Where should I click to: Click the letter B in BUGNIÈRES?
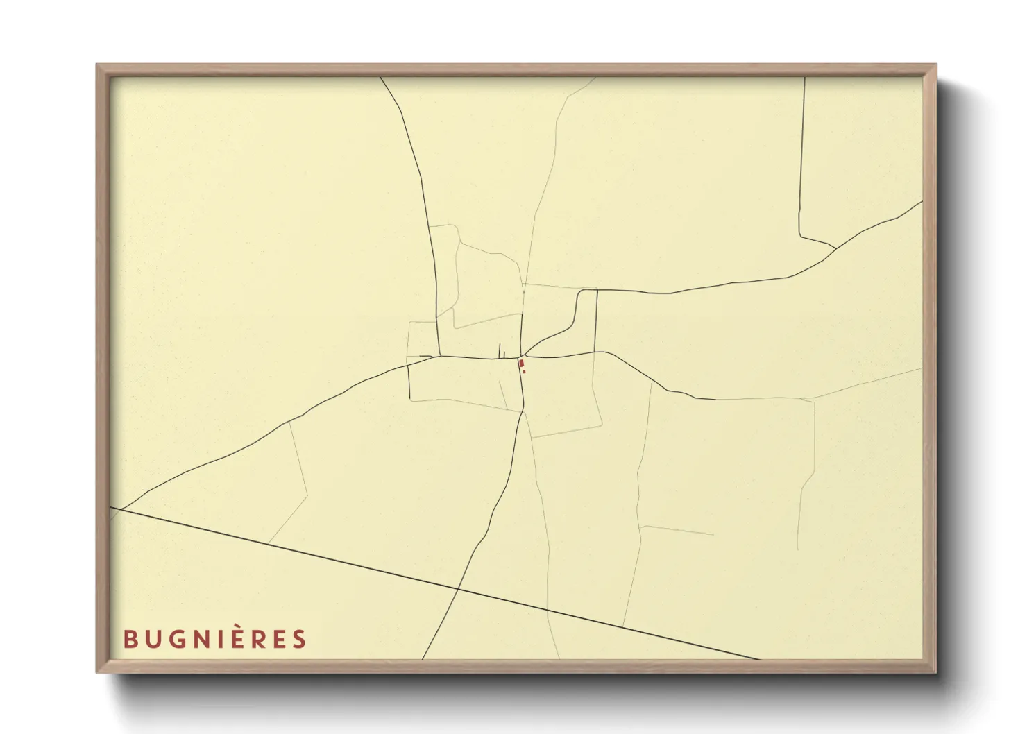pyautogui.click(x=130, y=639)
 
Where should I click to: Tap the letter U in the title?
pyautogui.click(x=153, y=639)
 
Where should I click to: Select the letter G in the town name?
pyautogui.click(x=176, y=639)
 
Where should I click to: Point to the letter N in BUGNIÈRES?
pyautogui.click(x=201, y=639)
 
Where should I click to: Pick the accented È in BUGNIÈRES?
pyautogui.click(x=235, y=638)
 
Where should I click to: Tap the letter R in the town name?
pyautogui.click(x=257, y=639)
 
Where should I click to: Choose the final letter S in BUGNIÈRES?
pyautogui.click(x=299, y=639)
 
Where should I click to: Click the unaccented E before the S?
pyautogui.click(x=278, y=639)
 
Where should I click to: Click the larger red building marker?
pyautogui.click(x=521, y=363)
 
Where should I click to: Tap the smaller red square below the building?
pyautogui.click(x=524, y=372)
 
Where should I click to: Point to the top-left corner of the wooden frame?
pyautogui.click(x=97, y=65)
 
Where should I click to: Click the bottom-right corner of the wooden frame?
pyautogui.click(x=935, y=672)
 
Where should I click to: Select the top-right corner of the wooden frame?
pyautogui.click(x=935, y=65)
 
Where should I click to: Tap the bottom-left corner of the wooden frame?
pyautogui.click(x=97, y=672)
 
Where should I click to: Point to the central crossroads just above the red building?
pyautogui.click(x=522, y=357)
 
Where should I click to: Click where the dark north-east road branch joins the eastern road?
pyautogui.click(x=835, y=248)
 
